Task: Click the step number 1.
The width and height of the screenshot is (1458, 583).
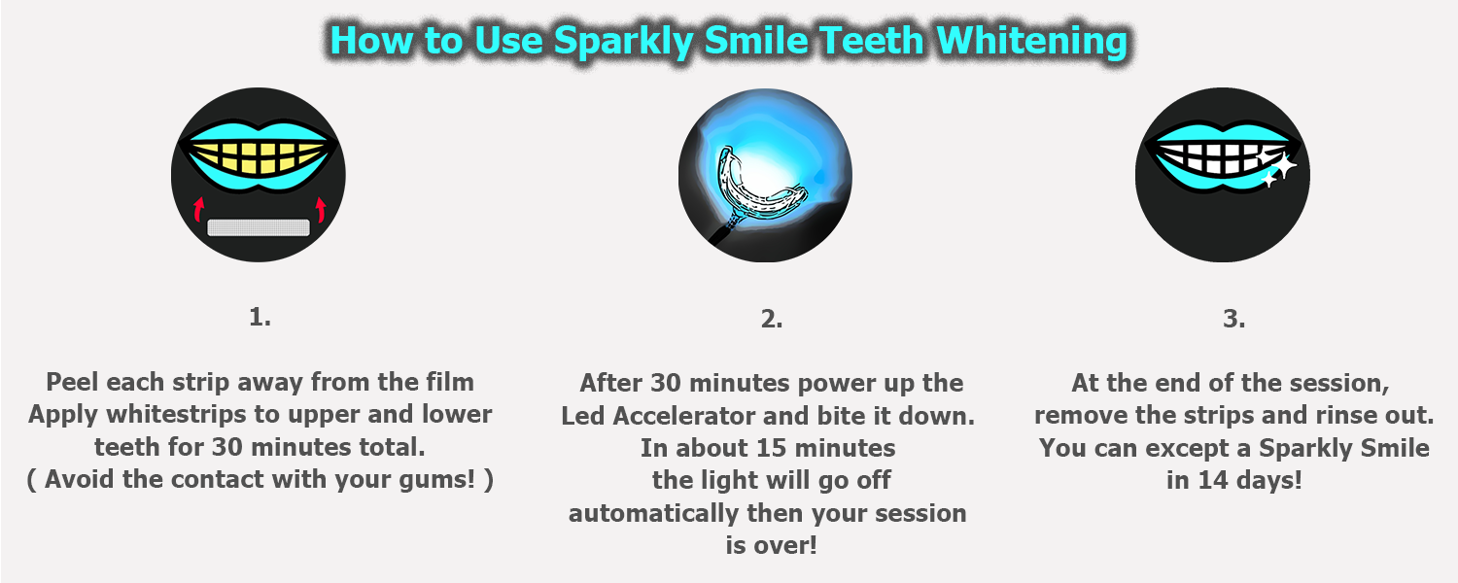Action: [260, 317]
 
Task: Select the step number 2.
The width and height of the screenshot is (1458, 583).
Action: [772, 319]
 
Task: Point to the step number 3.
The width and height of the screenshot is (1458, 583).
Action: [1233, 319]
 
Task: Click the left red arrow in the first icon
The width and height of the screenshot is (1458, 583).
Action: [198, 209]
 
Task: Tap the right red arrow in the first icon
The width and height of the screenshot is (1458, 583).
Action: [320, 209]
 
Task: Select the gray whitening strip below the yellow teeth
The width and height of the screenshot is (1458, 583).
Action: [259, 227]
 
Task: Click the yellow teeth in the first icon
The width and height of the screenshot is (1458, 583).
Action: [259, 156]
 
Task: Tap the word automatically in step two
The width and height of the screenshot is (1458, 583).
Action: [653, 513]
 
